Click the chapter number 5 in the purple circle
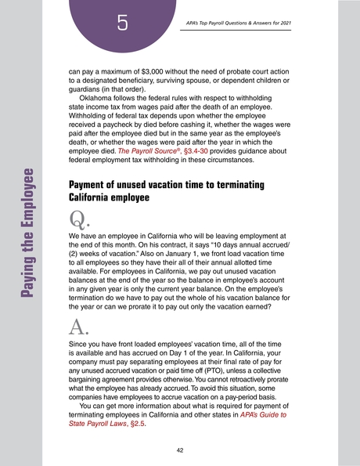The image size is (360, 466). (123, 23)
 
